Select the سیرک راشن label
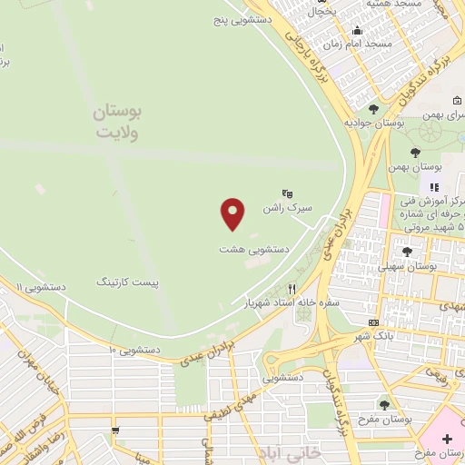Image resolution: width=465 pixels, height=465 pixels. point(287,208)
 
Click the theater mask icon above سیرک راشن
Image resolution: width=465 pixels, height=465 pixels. point(288,193)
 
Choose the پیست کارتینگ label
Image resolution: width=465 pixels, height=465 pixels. point(128,282)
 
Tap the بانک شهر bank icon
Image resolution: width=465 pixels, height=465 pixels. point(374,323)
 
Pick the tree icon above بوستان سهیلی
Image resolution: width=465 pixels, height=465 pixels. point(407,252)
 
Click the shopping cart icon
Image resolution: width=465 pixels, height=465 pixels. point(115,430)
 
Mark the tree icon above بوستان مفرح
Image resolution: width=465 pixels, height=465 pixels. point(384,404)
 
